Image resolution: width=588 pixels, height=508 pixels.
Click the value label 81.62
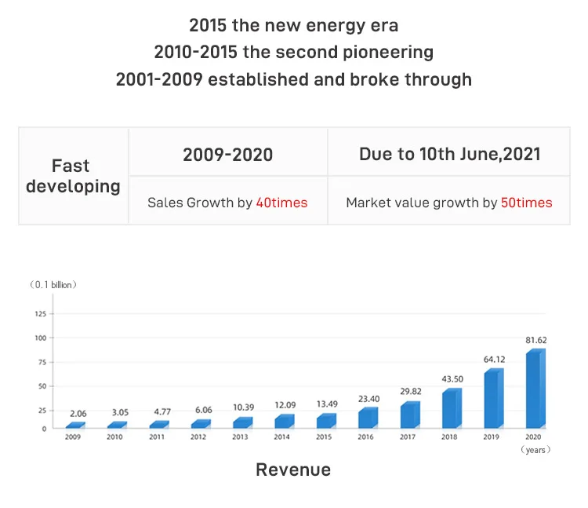coord(536,340)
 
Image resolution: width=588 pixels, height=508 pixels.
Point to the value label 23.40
coord(368,398)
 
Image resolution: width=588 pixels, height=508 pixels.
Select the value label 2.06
coord(78,413)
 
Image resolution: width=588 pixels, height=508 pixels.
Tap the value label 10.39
coord(241,407)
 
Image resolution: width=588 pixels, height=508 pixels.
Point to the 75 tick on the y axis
coord(42,362)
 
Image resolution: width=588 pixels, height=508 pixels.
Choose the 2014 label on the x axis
coord(282,437)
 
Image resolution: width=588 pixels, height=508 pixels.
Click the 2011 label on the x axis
coord(156,437)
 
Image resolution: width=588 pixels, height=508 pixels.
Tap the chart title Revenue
coord(293,470)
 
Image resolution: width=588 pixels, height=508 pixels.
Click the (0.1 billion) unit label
coord(53,284)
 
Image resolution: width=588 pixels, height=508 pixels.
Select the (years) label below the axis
coord(536,450)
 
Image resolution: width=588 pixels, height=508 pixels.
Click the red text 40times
coord(281,203)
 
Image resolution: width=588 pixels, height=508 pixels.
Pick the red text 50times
coord(526,203)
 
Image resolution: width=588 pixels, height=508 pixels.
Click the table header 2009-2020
coord(227,154)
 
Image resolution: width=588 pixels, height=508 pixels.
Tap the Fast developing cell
coord(73,176)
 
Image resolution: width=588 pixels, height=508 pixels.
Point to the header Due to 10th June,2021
coord(449,154)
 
